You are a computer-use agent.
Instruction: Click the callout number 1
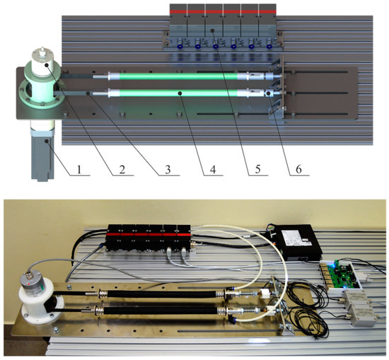(80, 170)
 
